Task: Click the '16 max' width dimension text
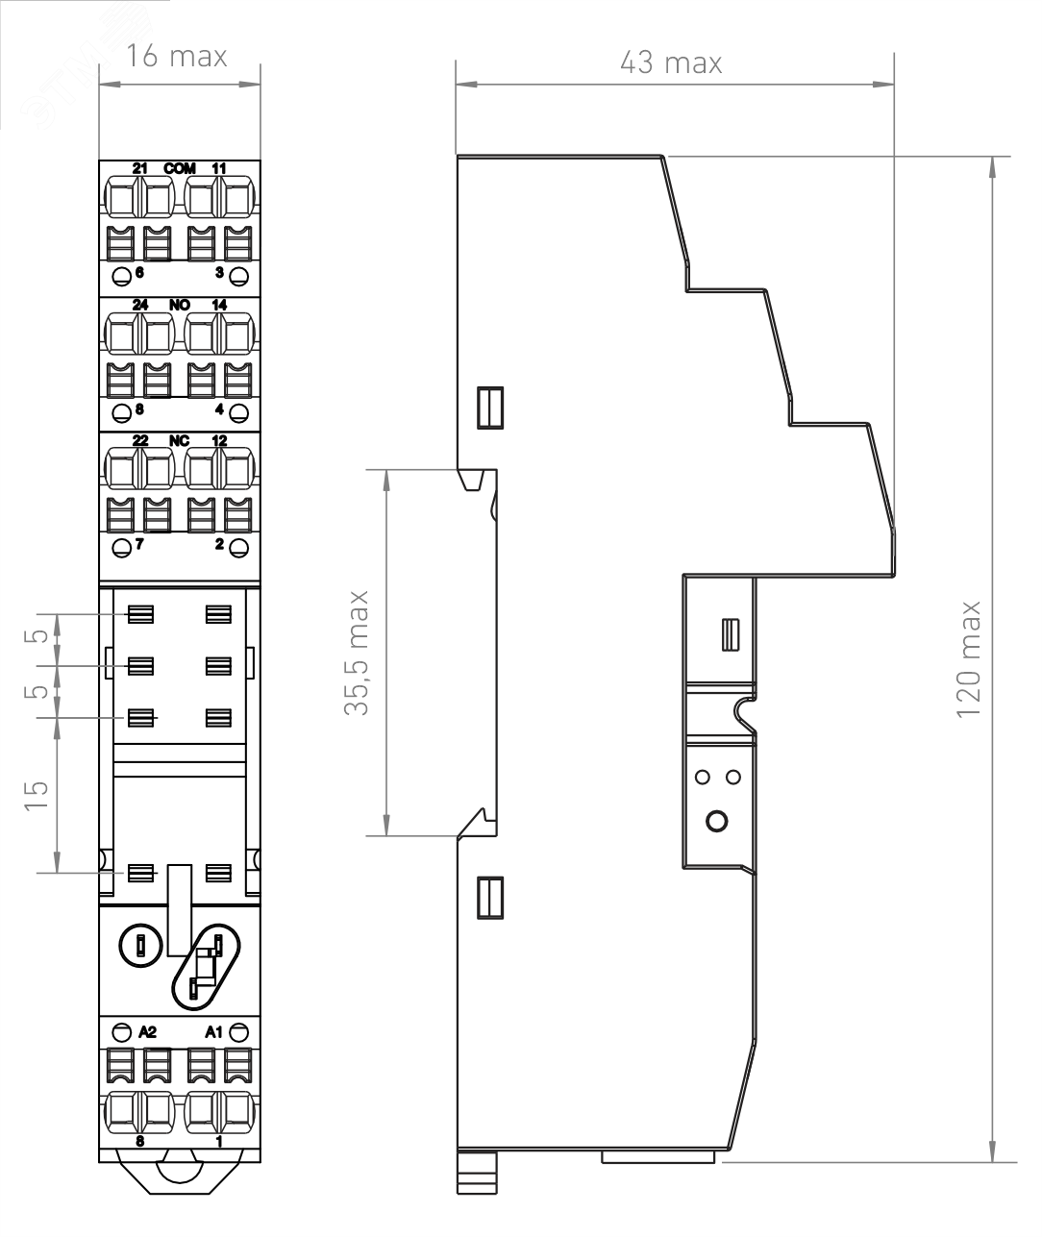177,57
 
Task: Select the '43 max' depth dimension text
671,62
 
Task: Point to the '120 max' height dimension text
969,660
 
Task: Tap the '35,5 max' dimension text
357,653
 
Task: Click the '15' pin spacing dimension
37,796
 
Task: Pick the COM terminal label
180,169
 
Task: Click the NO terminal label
180,305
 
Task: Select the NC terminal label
179,441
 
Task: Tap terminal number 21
139,169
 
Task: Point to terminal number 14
219,305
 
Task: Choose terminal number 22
139,441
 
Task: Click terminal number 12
219,441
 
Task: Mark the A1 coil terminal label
213,1032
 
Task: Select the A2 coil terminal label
147,1032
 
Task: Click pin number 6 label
139,273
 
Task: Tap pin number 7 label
139,544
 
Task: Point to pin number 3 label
219,273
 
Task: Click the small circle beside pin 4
238,412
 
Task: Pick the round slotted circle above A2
140,946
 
